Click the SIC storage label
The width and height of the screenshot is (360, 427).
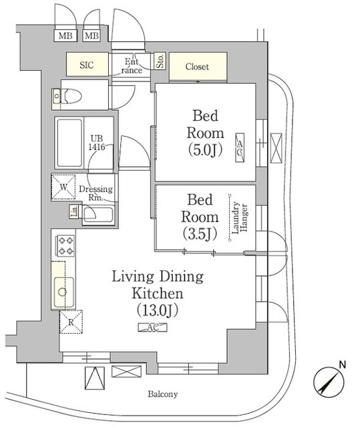point(87,66)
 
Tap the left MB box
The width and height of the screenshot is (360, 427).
point(65,35)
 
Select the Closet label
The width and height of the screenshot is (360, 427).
point(197,67)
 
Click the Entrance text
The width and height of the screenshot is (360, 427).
point(131,66)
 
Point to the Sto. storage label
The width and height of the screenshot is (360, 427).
point(160,63)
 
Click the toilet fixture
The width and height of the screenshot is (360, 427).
point(67,97)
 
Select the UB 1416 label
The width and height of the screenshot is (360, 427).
point(98,143)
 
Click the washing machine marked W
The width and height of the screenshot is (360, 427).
point(65,187)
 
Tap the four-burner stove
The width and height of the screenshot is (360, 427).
point(65,246)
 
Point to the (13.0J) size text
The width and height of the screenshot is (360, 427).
point(158,310)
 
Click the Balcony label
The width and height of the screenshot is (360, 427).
point(162,394)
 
